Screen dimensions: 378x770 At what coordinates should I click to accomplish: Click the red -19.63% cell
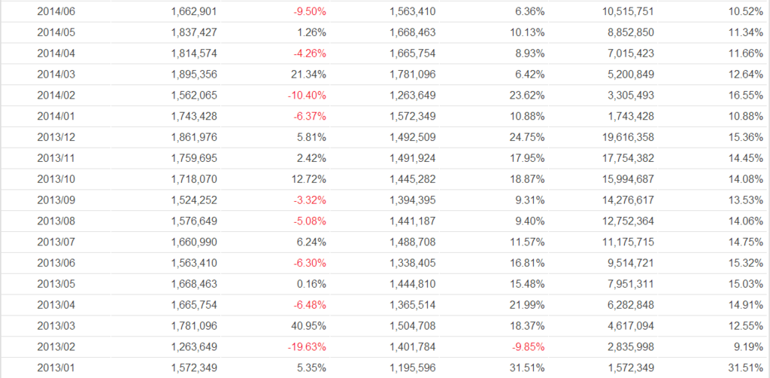306,348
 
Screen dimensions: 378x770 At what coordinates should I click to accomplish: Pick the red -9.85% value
528,348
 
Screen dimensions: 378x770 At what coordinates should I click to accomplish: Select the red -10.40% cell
306,96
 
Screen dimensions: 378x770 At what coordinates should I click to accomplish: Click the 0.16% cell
311,285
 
